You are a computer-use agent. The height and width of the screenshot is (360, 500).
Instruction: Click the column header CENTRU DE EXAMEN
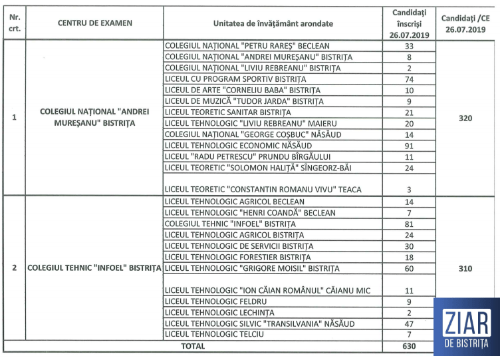coord(94,23)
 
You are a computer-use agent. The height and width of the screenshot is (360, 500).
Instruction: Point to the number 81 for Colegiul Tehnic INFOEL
coord(409,224)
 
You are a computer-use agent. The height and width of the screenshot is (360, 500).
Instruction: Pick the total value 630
coord(409,346)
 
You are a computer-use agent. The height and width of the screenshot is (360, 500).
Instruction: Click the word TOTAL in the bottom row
coord(193,346)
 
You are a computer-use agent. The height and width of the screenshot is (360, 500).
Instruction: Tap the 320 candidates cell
coord(465,118)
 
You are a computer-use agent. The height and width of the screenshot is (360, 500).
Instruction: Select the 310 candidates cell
coord(465,269)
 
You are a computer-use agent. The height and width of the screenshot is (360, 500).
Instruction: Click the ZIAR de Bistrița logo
coord(465,328)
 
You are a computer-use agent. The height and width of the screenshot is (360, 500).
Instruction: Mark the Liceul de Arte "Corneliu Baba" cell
coord(242,90)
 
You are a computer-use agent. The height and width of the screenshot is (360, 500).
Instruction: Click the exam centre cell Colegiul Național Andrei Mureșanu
coord(94,118)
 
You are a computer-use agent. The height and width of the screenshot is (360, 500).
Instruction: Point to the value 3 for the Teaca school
coord(409,190)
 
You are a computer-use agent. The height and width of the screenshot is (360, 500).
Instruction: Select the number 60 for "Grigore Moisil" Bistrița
coord(409,269)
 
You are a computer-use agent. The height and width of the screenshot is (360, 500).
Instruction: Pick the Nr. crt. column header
coord(15,23)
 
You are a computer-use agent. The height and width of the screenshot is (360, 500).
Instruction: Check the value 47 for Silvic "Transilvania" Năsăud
coord(409,323)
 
